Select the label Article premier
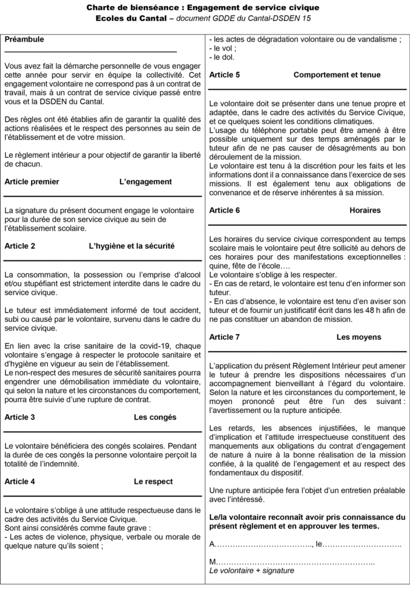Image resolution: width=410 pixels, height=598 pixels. [32, 182]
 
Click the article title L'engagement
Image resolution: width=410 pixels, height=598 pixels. [146, 182]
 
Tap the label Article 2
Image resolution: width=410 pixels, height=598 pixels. [20, 246]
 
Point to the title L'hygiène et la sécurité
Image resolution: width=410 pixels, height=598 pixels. [132, 246]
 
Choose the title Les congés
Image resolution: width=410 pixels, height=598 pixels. [155, 417]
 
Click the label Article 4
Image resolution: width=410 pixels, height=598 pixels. [20, 481]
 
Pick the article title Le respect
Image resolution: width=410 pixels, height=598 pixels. [153, 481]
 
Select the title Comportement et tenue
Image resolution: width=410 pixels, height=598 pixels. [337, 75]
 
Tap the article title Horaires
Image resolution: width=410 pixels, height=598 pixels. [365, 210]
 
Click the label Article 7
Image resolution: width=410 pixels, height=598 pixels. [225, 337]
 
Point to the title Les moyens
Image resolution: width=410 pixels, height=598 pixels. [359, 337]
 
